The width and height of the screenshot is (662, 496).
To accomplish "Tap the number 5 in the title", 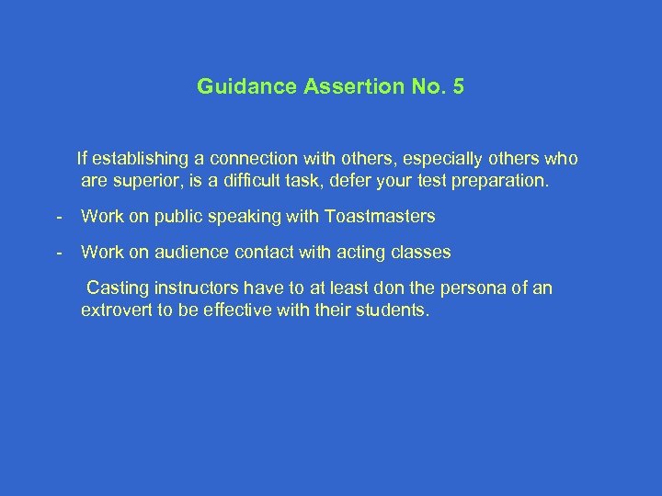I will click(459, 88).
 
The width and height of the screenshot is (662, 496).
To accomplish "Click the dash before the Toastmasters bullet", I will click(59, 217).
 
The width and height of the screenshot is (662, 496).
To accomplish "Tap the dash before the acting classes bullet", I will click(59, 252).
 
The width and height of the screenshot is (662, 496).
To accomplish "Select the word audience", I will click(182, 252).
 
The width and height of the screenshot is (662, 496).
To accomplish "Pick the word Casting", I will click(116, 288).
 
